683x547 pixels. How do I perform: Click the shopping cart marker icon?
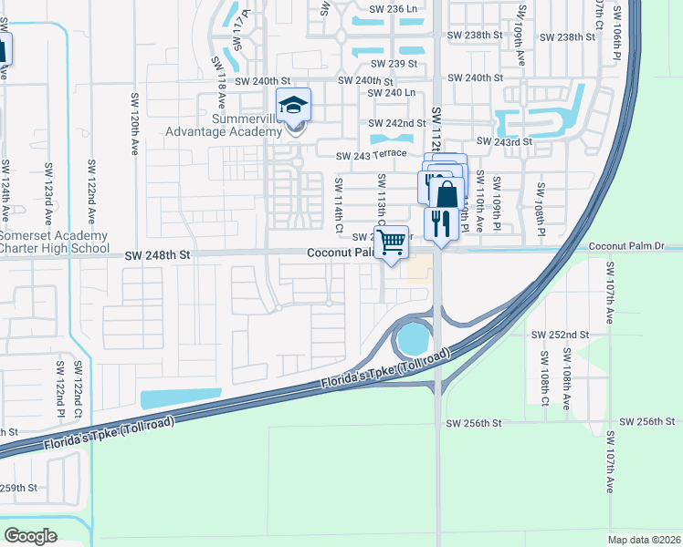[392, 243]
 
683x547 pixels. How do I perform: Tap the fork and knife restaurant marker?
[441, 223]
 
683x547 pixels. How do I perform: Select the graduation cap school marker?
[293, 106]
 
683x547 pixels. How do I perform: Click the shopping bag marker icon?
[447, 194]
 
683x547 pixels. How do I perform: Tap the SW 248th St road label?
[159, 258]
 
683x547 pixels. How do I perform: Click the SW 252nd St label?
[561, 335]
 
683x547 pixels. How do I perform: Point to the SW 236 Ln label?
[394, 9]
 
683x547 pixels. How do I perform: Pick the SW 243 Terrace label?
[371, 156]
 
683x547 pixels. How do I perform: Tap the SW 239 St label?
[394, 64]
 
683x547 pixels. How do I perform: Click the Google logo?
[30, 536]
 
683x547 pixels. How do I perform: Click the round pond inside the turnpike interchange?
[413, 340]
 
